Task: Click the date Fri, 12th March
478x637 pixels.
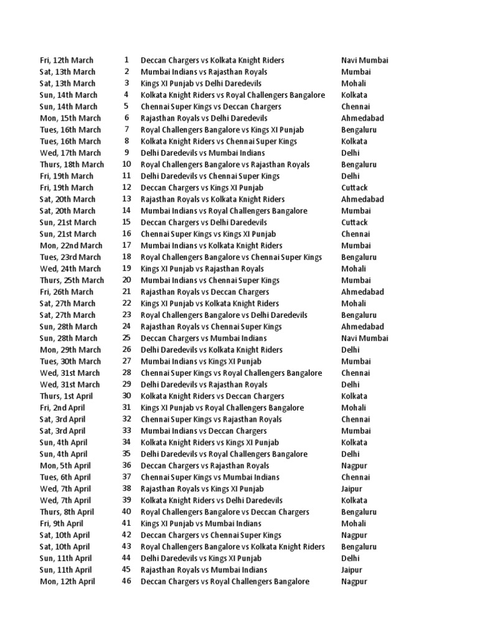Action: (x=67, y=60)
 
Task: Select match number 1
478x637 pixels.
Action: (x=126, y=60)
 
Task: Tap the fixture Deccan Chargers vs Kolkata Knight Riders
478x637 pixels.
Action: (x=212, y=60)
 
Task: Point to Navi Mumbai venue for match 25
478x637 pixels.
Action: (x=365, y=338)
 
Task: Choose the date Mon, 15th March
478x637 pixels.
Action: (x=70, y=118)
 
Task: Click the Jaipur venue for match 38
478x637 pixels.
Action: (x=352, y=489)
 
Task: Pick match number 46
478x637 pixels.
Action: (x=126, y=582)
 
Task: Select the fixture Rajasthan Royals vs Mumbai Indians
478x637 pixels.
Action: (x=204, y=570)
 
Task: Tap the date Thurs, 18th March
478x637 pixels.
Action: (x=72, y=165)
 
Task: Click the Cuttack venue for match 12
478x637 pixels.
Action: (x=354, y=188)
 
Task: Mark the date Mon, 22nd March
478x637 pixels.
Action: (x=71, y=246)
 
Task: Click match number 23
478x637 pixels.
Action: (x=126, y=315)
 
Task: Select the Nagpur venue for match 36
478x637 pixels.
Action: (x=354, y=466)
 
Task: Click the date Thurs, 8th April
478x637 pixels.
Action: (x=67, y=512)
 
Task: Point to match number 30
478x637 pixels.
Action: (x=126, y=396)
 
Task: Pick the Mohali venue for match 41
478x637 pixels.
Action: (x=354, y=524)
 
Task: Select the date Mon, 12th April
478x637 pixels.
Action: (x=67, y=582)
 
